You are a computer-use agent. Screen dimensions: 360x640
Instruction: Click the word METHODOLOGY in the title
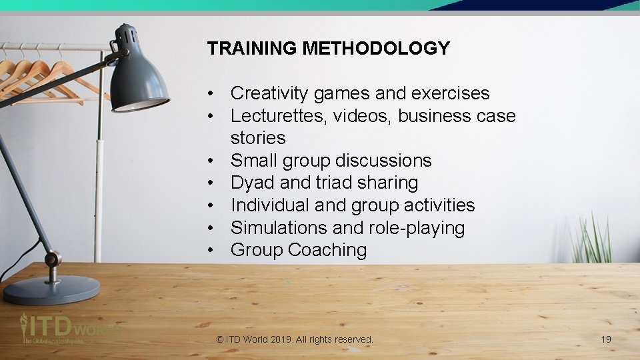[376, 49]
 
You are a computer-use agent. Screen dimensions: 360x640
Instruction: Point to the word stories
[258, 138]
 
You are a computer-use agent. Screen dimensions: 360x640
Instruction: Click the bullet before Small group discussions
[210, 161]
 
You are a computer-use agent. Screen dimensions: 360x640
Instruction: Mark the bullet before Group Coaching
[210, 251]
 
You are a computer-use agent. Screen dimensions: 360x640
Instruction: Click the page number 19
[606, 339]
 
